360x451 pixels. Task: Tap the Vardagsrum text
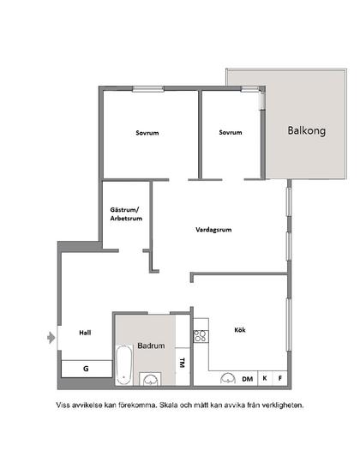[x=214, y=229]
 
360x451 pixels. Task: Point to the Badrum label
[x=151, y=346]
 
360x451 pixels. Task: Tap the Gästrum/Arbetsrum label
[x=125, y=214]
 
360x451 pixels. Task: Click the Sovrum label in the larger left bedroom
[x=148, y=133]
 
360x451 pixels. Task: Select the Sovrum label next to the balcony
[x=231, y=133]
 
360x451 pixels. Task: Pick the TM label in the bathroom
[x=181, y=364]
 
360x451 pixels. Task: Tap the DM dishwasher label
[x=247, y=378]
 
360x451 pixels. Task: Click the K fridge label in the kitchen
[x=265, y=378]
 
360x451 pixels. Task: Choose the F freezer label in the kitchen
[x=279, y=378]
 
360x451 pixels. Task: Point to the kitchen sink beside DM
[x=228, y=377]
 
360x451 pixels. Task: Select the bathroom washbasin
[x=152, y=378]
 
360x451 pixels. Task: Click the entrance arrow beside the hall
[x=50, y=336]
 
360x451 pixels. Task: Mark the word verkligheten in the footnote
[x=278, y=404]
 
